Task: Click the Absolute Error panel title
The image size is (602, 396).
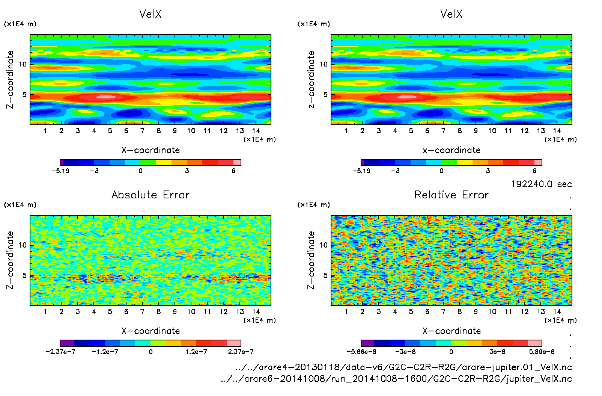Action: pyautogui.click(x=150, y=195)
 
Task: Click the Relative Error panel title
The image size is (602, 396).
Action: pyautogui.click(x=451, y=195)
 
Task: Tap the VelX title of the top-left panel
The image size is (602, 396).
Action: pyautogui.click(x=150, y=14)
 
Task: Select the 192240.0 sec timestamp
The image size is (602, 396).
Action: pyautogui.click(x=541, y=184)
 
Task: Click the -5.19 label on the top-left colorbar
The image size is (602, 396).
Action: pyautogui.click(x=60, y=171)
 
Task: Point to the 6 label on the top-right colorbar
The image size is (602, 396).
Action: pyautogui.click(x=534, y=171)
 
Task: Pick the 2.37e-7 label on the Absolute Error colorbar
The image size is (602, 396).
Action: pyautogui.click(x=241, y=352)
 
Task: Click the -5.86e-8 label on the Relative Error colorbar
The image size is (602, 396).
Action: pyautogui.click(x=361, y=352)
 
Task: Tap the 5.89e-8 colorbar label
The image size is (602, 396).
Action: pyautogui.click(x=542, y=352)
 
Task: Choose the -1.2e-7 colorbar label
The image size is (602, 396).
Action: pyautogui.click(x=105, y=352)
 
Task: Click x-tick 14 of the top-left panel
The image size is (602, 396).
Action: pyautogui.click(x=256, y=131)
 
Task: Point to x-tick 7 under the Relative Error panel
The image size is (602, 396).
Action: pyautogui.click(x=443, y=311)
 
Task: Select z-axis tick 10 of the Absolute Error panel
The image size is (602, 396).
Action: pyautogui.click(x=23, y=245)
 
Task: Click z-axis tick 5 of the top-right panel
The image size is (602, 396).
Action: pyautogui.click(x=325, y=95)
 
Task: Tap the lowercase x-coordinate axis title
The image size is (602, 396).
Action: pyautogui.click(x=451, y=150)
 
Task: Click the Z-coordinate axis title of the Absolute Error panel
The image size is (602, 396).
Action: pyautogui.click(x=10, y=260)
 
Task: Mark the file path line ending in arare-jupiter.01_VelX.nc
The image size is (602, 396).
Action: pyautogui.click(x=403, y=367)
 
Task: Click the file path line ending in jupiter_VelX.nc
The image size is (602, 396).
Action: pyautogui.click(x=396, y=379)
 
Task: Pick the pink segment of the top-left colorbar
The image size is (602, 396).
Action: pyautogui.click(x=237, y=162)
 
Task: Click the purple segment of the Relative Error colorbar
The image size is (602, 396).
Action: pyautogui.click(x=368, y=343)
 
